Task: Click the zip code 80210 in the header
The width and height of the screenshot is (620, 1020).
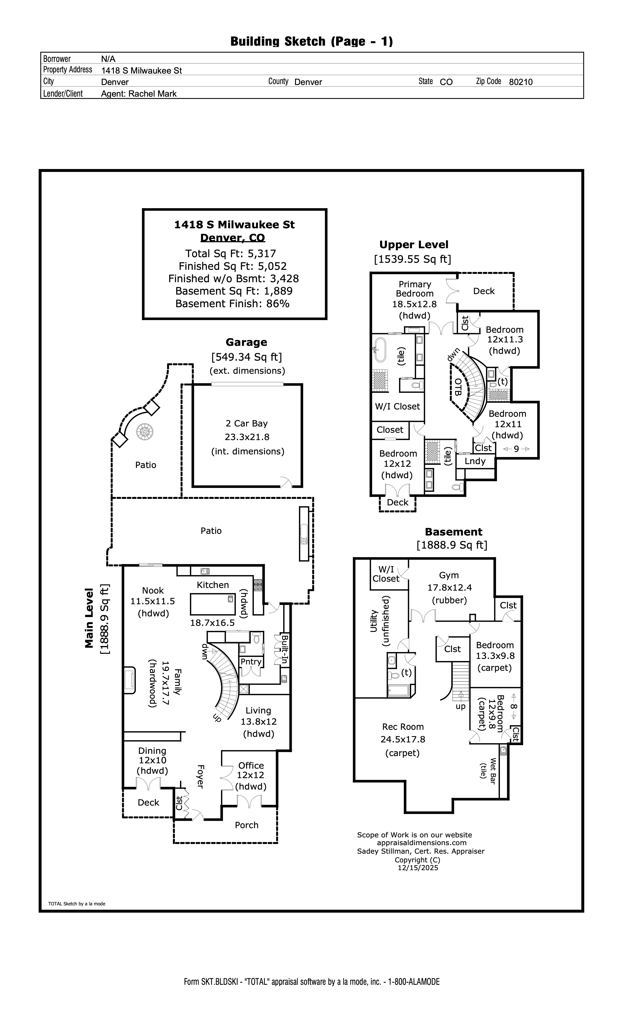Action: pyautogui.click(x=521, y=82)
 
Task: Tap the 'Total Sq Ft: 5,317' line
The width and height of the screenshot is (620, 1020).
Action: pyautogui.click(x=230, y=253)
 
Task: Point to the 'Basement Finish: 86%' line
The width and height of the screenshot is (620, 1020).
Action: pyautogui.click(x=232, y=303)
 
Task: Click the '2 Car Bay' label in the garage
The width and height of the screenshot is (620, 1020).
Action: pyautogui.click(x=247, y=423)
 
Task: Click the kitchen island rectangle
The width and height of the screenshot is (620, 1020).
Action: pyautogui.click(x=213, y=604)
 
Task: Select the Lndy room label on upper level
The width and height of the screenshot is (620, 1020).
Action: pyautogui.click(x=475, y=461)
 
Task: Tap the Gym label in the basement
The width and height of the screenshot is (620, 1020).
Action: pyautogui.click(x=449, y=575)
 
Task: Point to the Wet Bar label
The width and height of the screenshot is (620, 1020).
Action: pyautogui.click(x=493, y=771)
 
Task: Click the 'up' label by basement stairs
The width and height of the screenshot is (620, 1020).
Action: pyautogui.click(x=461, y=706)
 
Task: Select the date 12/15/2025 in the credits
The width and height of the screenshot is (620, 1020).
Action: pyautogui.click(x=418, y=868)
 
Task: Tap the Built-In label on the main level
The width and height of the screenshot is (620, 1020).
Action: pyautogui.click(x=285, y=649)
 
